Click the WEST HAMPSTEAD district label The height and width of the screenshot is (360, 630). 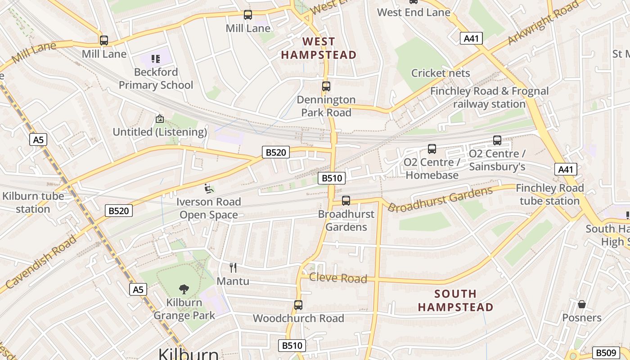(x=319, y=48)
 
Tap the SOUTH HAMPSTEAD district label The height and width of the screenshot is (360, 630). (x=455, y=301)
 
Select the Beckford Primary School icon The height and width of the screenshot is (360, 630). (x=156, y=58)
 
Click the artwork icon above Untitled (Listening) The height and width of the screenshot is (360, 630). (x=159, y=119)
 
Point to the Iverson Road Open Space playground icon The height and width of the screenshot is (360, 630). (x=209, y=188)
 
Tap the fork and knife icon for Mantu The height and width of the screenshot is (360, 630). (x=233, y=268)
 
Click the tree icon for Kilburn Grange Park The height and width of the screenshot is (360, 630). (x=184, y=289)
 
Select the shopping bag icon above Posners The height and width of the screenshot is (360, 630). (x=582, y=304)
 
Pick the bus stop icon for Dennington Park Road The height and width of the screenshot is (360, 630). (x=326, y=86)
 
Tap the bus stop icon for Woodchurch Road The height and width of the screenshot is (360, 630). (x=298, y=305)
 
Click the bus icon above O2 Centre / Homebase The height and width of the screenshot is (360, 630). (x=432, y=149)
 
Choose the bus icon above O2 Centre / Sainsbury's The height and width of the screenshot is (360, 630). (x=497, y=140)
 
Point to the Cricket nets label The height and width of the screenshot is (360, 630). (x=441, y=73)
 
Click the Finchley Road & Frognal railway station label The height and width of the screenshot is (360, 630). (x=489, y=98)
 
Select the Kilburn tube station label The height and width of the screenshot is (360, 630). (x=33, y=202)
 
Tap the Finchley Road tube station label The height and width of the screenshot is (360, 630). (x=549, y=194)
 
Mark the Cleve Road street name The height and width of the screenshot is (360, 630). (x=338, y=278)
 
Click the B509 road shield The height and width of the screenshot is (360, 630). (x=606, y=353)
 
